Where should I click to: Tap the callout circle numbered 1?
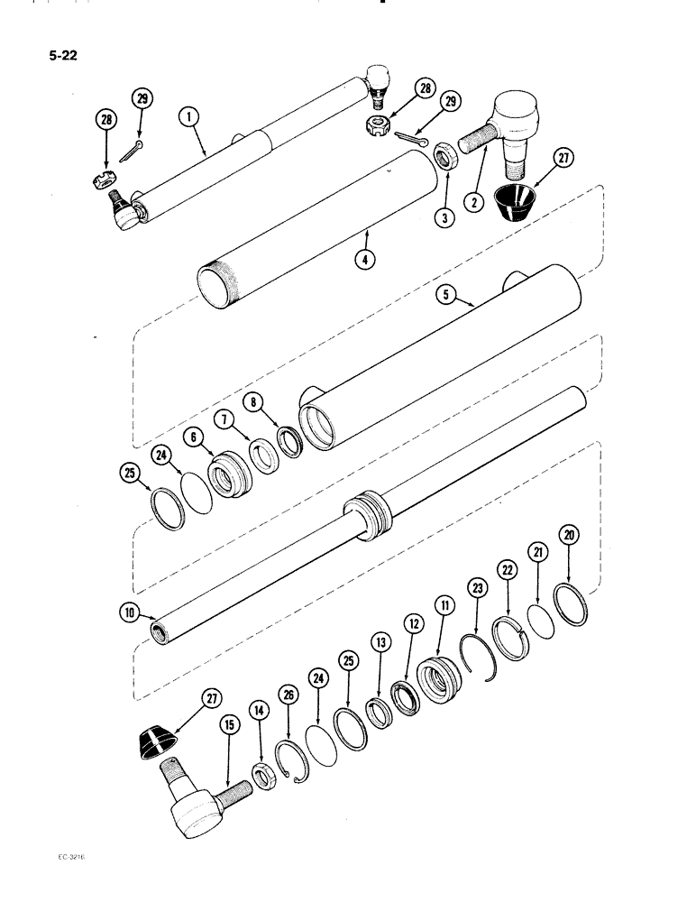click(x=189, y=116)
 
